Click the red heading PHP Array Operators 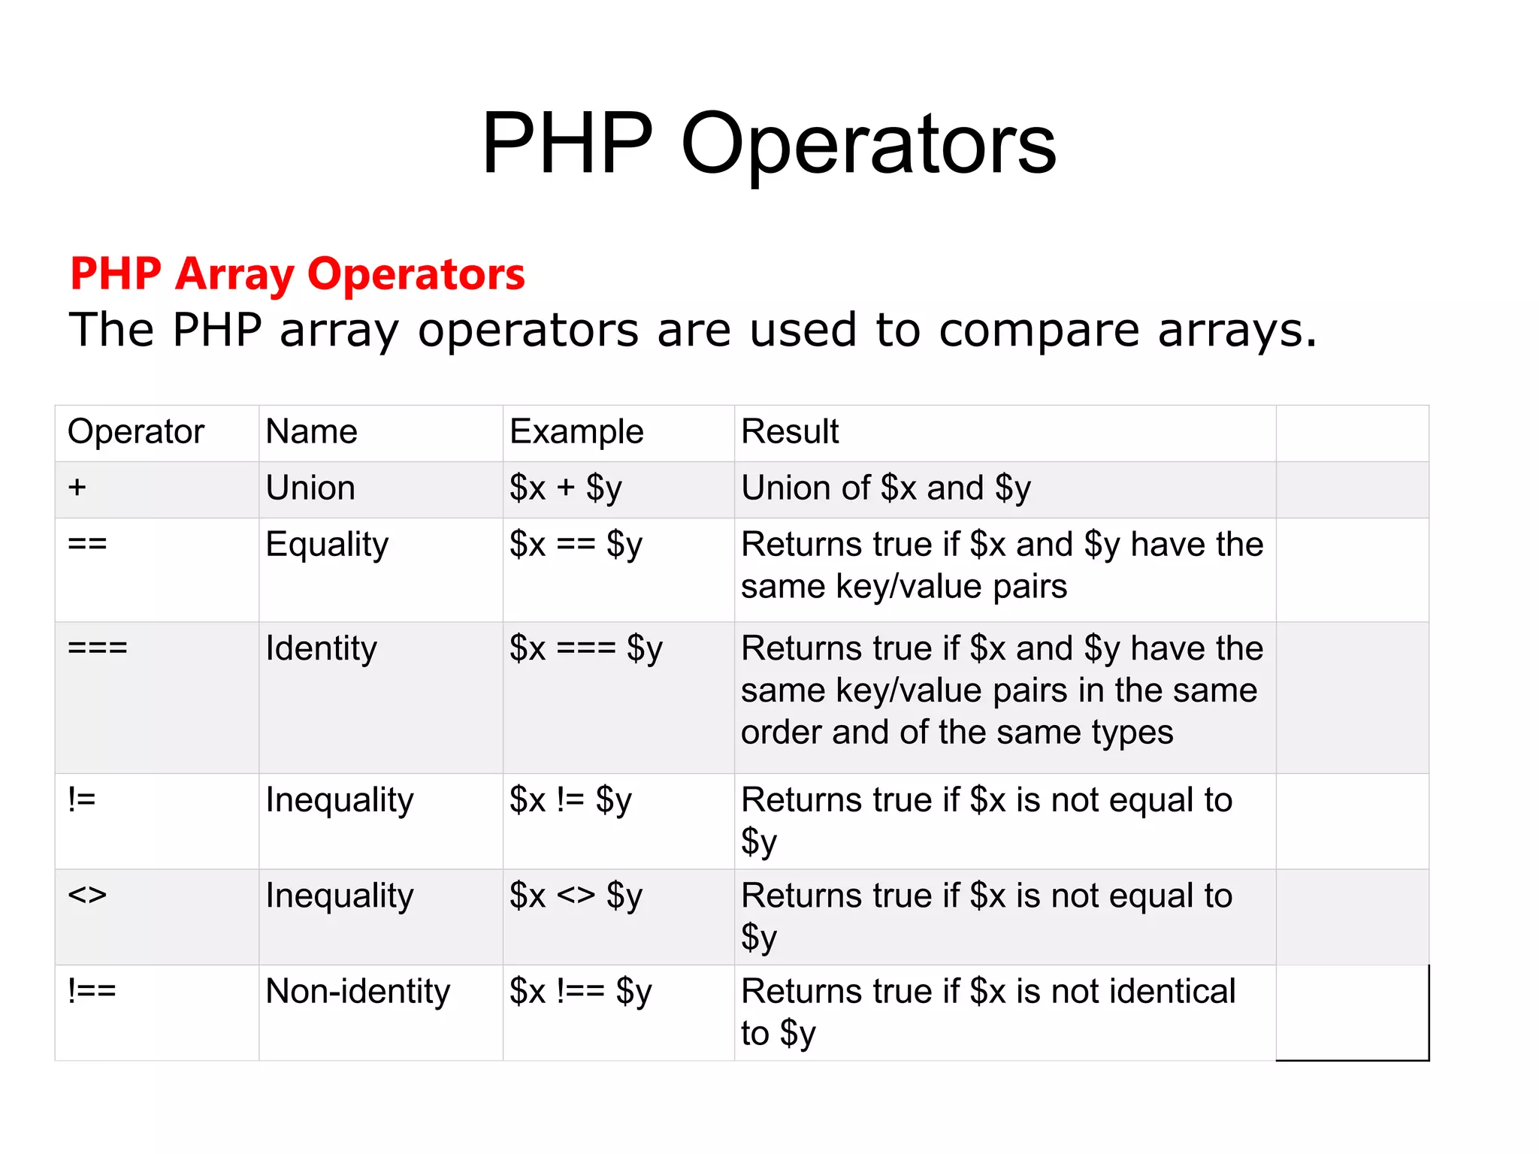point(298,273)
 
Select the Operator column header point(136,432)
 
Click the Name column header point(311,432)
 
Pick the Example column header point(576,432)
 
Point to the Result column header point(790,432)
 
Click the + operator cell point(77,488)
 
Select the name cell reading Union point(310,488)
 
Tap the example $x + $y point(566,488)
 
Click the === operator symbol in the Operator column point(98,648)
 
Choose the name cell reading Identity point(321,648)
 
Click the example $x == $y point(576,545)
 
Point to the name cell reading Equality point(327,545)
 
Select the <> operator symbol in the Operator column point(87,895)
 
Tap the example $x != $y point(570,800)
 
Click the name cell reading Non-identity point(358,991)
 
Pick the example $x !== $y point(580,992)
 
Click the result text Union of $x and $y point(886,488)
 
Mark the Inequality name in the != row point(339,800)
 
